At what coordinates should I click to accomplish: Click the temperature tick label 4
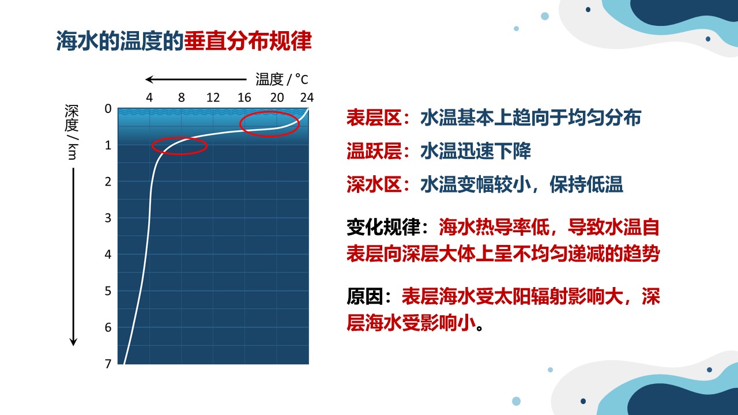[149, 97]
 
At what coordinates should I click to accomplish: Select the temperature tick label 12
[213, 97]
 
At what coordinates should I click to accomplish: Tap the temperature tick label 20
[277, 97]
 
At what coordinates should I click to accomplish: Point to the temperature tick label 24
[307, 97]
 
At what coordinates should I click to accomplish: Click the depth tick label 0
[108, 109]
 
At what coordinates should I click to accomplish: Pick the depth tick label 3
[108, 218]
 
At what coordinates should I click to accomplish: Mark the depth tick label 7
[108, 364]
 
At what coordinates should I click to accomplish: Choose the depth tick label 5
[108, 291]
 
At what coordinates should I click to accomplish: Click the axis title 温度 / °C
[282, 80]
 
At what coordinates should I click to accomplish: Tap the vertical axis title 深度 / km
[72, 132]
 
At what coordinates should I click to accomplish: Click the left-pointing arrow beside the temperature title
[196, 80]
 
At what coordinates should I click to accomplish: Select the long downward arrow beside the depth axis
[73, 257]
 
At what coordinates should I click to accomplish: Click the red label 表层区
[374, 118]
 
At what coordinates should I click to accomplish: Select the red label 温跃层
[374, 151]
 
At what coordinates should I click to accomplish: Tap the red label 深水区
[374, 184]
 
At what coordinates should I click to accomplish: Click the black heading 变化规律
[383, 227]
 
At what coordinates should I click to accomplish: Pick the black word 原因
[365, 296]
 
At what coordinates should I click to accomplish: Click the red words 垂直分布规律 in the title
[248, 41]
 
